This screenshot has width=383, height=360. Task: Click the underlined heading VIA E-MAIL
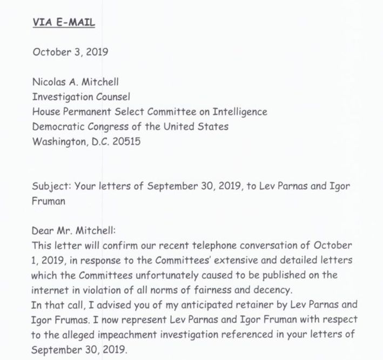coord(64,23)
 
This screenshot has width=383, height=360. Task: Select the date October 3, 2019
coord(70,52)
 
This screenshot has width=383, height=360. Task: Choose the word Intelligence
coord(238,112)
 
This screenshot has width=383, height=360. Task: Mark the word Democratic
coord(58,127)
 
